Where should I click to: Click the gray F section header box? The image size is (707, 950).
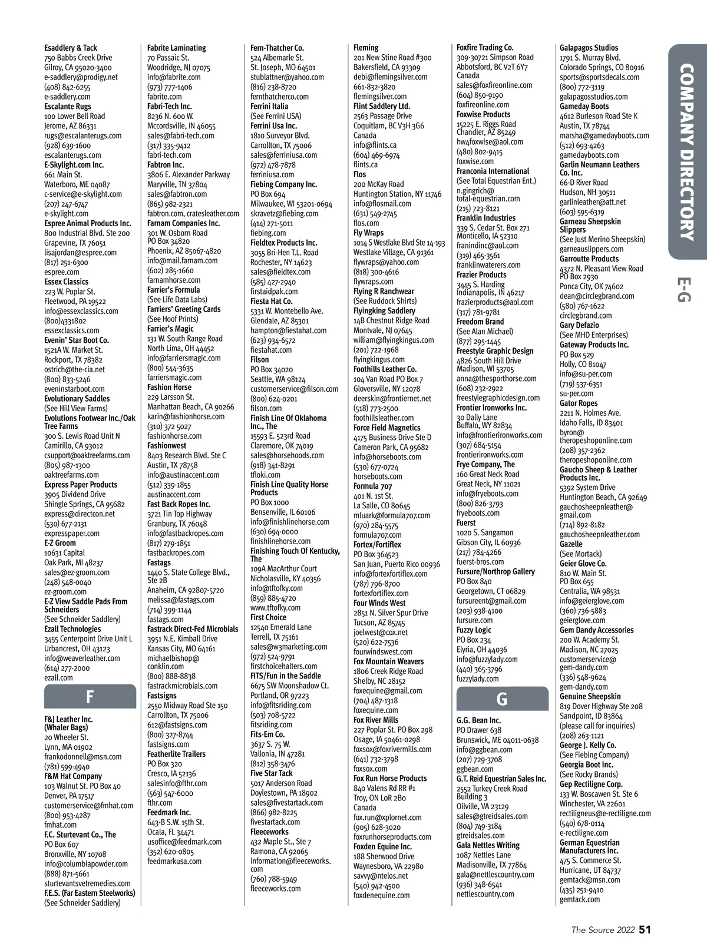coord(90,697)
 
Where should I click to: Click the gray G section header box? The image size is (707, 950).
coord(502,699)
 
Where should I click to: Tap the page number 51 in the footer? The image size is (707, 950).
coord(645,929)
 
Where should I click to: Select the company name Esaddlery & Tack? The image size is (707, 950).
coord(71,48)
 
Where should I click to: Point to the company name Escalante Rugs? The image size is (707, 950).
coord(68,106)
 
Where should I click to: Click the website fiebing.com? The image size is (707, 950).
coord(268,233)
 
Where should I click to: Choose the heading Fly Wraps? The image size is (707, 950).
coord(368,233)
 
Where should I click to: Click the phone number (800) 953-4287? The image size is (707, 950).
coord(67,815)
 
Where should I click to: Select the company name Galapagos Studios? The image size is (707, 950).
coord(589,48)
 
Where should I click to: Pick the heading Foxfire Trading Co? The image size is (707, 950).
coord(485,48)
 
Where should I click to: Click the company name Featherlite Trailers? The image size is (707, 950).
coord(176,754)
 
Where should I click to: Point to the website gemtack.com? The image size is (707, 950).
coord(580,899)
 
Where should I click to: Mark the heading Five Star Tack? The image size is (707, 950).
coord(271,773)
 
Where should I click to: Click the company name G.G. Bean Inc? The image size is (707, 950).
coord(478,720)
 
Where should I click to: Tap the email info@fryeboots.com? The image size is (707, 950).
coord(487,494)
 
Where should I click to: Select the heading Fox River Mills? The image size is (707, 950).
coord(376,720)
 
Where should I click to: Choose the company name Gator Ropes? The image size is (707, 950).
coord(579,403)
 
